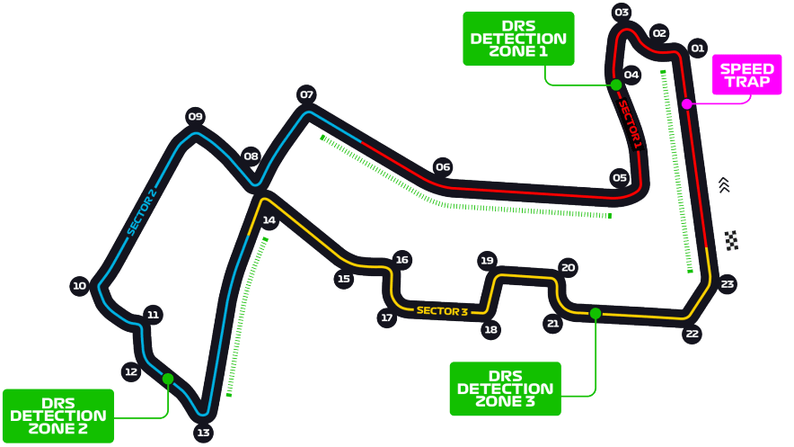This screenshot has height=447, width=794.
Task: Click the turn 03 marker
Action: click(622, 13)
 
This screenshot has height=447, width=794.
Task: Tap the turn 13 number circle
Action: click(203, 433)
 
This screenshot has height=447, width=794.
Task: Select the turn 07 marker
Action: click(306, 94)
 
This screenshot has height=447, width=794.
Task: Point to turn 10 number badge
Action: click(80, 286)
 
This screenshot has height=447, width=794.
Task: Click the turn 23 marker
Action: click(728, 284)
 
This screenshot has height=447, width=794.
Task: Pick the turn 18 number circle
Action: click(490, 330)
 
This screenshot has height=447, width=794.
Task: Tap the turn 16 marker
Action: click(402, 260)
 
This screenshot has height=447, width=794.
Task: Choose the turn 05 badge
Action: click(620, 178)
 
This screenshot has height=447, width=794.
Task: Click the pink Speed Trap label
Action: click(747, 75)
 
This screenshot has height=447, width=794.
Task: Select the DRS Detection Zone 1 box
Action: click(518, 39)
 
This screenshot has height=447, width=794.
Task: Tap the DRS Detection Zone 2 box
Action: click(58, 416)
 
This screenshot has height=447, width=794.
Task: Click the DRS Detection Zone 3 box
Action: click(506, 389)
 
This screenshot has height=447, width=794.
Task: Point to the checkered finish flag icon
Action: click(732, 240)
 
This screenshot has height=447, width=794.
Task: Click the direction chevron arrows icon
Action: click(724, 185)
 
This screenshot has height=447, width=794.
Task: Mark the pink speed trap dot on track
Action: click(686, 104)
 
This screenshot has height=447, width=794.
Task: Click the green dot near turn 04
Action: click(616, 85)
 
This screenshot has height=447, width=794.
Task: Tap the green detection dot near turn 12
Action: click(168, 379)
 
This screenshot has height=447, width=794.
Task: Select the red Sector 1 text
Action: click(631, 125)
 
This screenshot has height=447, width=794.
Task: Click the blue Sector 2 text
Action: click(142, 212)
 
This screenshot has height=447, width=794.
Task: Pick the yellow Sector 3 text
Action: click(442, 311)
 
